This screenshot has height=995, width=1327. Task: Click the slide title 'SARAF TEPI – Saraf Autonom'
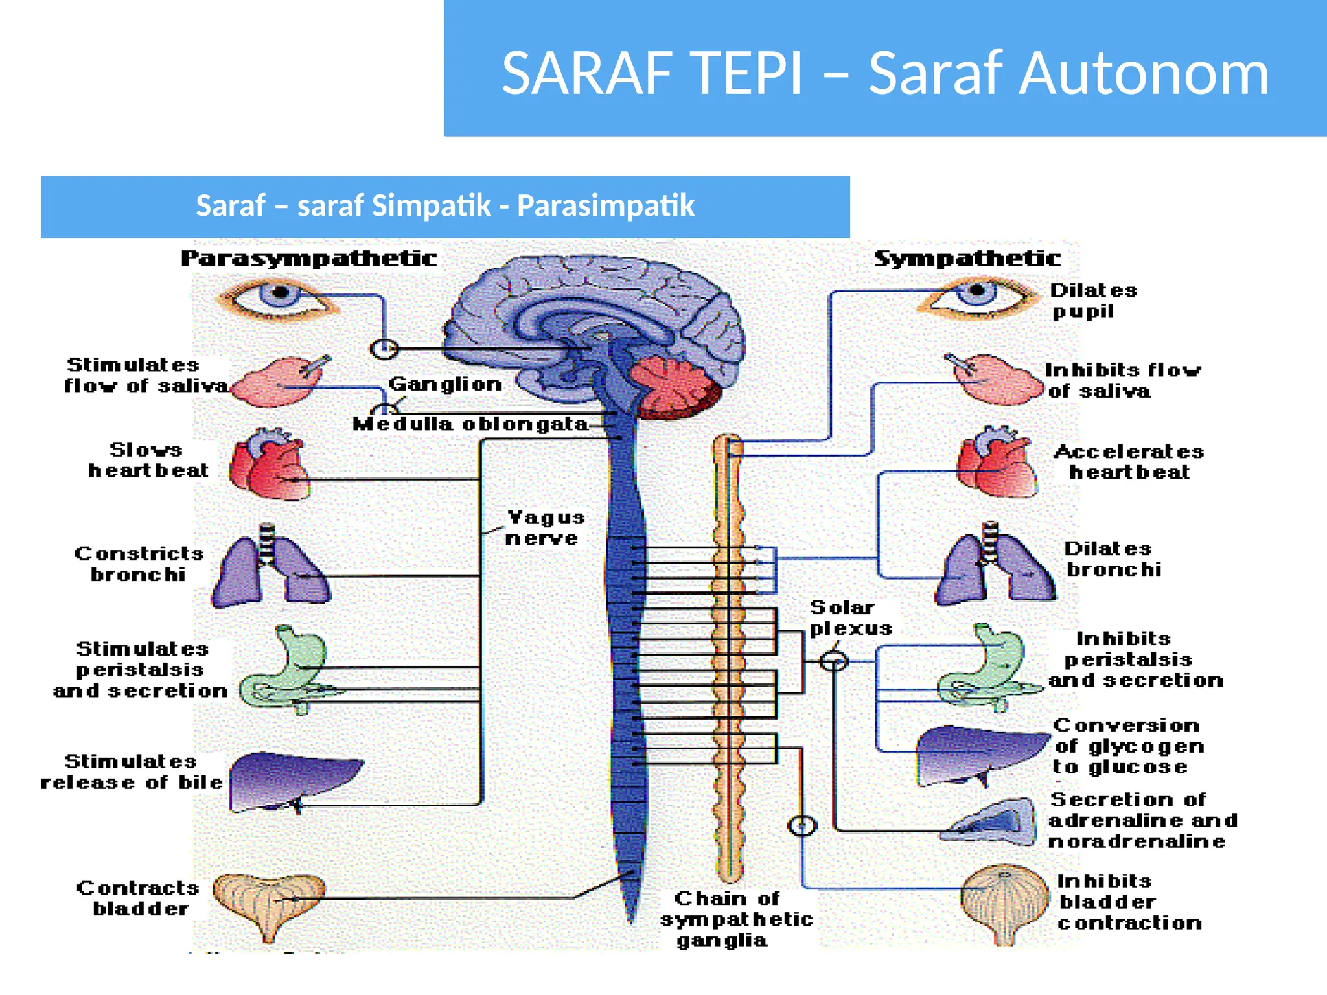coord(884,73)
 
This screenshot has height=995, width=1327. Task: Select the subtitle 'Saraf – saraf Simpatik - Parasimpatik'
coord(445,206)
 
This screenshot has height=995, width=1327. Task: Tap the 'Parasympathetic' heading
coord(308,258)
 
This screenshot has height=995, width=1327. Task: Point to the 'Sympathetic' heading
coord(967,258)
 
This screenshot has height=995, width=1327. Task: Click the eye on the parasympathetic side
coord(279,297)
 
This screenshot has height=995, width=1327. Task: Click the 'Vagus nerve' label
coord(544,527)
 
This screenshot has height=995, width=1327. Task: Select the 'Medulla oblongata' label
coord(470,424)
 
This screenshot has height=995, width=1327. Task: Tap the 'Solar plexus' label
coord(849,617)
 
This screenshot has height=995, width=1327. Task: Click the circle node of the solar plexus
coord(834,661)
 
